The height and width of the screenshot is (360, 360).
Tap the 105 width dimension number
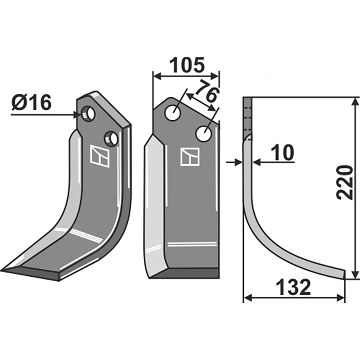click(x=187, y=66)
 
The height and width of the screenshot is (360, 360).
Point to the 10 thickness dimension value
click(x=282, y=153)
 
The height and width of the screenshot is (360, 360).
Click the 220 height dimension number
click(x=345, y=182)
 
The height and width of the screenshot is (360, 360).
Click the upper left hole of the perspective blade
click(x=89, y=113)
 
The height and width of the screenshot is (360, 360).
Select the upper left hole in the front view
click(x=172, y=112)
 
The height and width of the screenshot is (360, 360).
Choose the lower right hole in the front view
click(x=204, y=133)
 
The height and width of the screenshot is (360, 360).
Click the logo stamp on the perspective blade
click(x=100, y=156)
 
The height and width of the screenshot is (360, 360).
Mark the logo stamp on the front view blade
click(x=190, y=157)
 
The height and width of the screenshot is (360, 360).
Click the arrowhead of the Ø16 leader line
click(x=77, y=115)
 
